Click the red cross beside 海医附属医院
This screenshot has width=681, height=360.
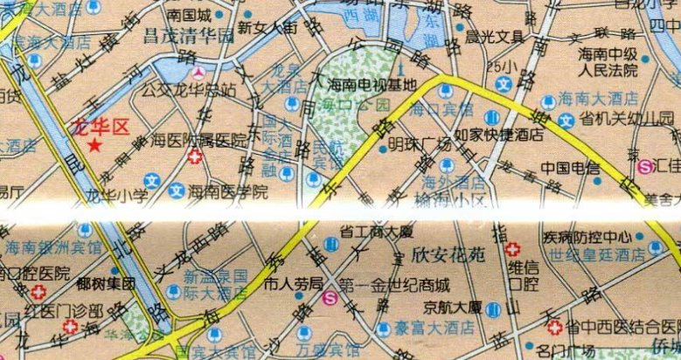pyautogui.click(x=196, y=157)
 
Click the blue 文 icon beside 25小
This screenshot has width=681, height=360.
pyautogui.click(x=504, y=84)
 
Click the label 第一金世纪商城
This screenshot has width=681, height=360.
pyautogui.click(x=393, y=284)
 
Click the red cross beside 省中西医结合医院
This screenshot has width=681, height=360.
pyautogui.click(x=553, y=329)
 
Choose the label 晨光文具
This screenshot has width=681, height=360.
pyautogui.click(x=494, y=37)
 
